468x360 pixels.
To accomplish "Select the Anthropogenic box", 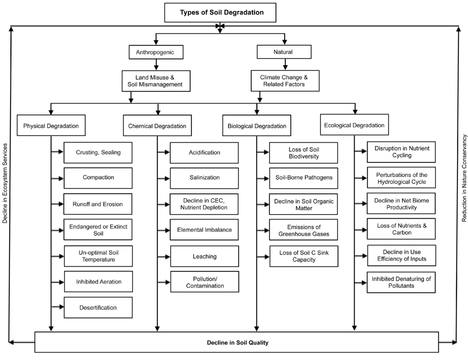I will tap(155, 52).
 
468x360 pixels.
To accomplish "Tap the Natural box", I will tap(283, 52).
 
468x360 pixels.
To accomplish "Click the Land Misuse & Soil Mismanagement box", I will tap(155, 81).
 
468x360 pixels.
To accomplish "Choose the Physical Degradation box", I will tap(51, 126).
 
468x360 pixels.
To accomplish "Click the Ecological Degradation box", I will tap(354, 125).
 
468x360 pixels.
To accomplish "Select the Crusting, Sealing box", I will tap(98, 153).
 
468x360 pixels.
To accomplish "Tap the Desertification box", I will tap(98, 307).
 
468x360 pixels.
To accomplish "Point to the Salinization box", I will tap(204, 177).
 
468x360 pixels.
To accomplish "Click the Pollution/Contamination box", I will tap(204, 282).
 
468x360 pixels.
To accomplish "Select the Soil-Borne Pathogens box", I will tap(303, 177).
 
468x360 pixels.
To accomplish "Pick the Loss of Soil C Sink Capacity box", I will tap(303, 256).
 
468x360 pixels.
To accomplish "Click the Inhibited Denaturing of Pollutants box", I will tap(401, 282).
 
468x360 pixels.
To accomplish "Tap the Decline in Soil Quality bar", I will tap(237, 342).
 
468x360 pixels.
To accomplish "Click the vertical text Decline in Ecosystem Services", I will tap(5, 183).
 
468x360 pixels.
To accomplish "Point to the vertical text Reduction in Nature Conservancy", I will tap(464, 178).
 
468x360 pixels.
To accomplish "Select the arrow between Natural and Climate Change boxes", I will tap(284, 64).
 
